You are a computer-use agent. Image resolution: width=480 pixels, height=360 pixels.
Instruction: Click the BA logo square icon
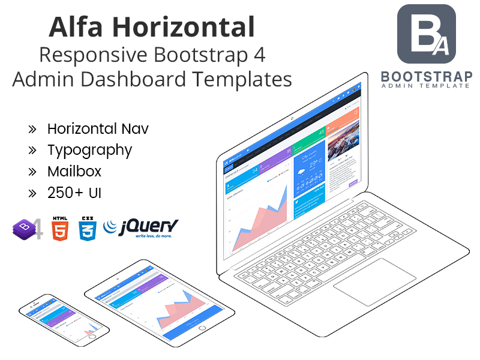pos(427,34)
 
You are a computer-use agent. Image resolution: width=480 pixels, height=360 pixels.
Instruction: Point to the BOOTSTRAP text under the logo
pos(426,77)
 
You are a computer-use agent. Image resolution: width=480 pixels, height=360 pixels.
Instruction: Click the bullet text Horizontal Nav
pos(98,128)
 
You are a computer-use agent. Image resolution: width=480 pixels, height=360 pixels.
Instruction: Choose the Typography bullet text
pos(89,149)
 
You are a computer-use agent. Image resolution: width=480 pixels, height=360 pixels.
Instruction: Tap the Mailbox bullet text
pos(74,171)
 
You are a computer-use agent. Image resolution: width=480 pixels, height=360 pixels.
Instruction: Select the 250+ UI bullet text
pos(74,193)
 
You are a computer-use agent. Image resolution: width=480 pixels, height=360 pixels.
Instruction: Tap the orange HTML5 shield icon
pos(59,229)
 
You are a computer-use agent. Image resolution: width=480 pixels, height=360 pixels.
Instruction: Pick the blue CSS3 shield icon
pos(88,229)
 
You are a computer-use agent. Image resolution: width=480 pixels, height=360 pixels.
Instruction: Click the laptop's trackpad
pos(374,282)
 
